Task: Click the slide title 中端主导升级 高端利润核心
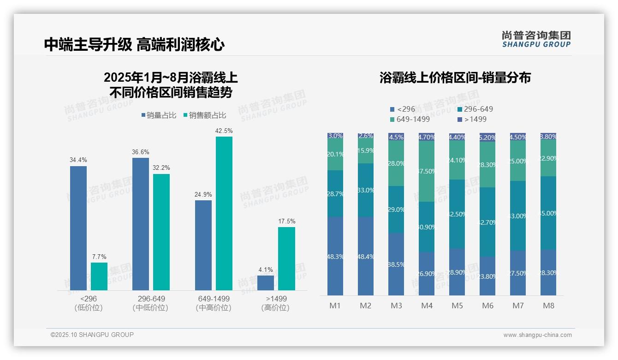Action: (x=134, y=44)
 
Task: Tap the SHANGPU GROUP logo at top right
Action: (x=536, y=39)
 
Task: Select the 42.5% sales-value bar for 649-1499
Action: (x=224, y=213)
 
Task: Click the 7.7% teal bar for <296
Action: (x=99, y=276)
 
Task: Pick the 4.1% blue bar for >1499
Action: (x=266, y=282)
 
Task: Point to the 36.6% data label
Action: (x=141, y=152)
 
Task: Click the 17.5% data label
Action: (x=286, y=221)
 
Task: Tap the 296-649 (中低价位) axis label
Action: (x=151, y=303)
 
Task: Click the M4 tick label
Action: (x=427, y=306)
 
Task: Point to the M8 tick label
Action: (x=548, y=306)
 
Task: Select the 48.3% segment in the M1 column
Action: (x=335, y=256)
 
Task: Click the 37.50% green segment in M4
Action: (x=427, y=171)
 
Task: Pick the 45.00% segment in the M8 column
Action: (x=548, y=213)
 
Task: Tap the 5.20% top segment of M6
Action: (x=487, y=138)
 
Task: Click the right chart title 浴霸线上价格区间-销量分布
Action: (x=455, y=78)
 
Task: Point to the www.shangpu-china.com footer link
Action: (x=537, y=335)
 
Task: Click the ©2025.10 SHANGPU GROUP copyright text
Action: (x=92, y=335)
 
